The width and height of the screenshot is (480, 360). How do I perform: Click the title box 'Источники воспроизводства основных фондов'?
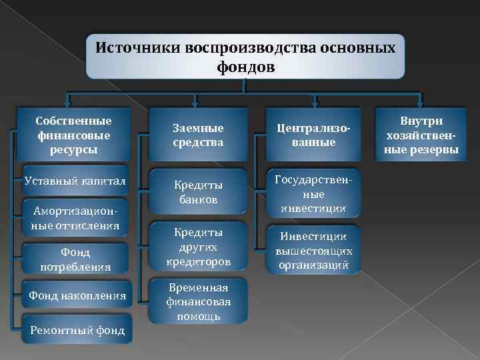click(245, 57)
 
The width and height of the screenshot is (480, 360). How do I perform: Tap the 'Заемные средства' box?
click(197, 135)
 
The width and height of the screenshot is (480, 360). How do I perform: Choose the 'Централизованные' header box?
click(313, 135)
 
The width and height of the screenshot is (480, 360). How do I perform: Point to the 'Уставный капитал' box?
click(73, 181)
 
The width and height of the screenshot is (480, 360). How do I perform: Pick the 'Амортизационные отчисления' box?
click(73, 218)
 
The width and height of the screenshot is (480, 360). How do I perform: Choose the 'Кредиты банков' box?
click(198, 192)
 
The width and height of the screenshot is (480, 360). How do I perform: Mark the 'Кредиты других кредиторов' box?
click(198, 247)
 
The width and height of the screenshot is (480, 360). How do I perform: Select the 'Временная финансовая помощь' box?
click(198, 301)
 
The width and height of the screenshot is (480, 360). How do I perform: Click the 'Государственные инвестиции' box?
click(313, 193)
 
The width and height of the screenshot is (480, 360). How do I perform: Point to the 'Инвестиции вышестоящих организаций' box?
click(313, 250)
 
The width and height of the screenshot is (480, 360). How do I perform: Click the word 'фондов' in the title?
click(245, 67)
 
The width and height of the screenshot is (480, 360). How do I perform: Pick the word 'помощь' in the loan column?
click(198, 315)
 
